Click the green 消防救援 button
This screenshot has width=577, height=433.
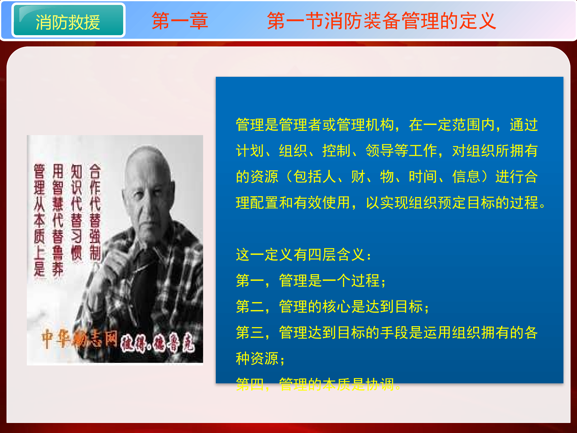[68, 21]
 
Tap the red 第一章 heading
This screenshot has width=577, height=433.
[180, 21]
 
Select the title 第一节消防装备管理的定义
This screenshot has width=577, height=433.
[381, 21]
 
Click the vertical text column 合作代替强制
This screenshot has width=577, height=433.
[95, 212]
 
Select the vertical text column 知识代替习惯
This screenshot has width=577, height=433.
[76, 212]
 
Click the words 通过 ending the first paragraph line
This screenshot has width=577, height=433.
[524, 125]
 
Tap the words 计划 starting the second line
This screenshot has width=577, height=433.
[250, 151]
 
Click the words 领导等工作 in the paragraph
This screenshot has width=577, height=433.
[401, 151]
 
